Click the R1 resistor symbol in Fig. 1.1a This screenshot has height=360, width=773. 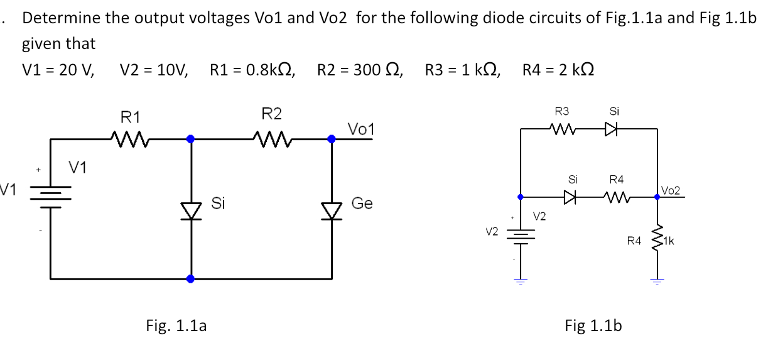[129, 138]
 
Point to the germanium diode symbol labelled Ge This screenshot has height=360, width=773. [332, 205]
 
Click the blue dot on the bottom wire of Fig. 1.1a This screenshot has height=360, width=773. [191, 278]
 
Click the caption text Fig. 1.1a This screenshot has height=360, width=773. [176, 325]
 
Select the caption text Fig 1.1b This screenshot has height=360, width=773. [593, 325]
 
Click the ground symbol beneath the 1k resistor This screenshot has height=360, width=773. [657, 281]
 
